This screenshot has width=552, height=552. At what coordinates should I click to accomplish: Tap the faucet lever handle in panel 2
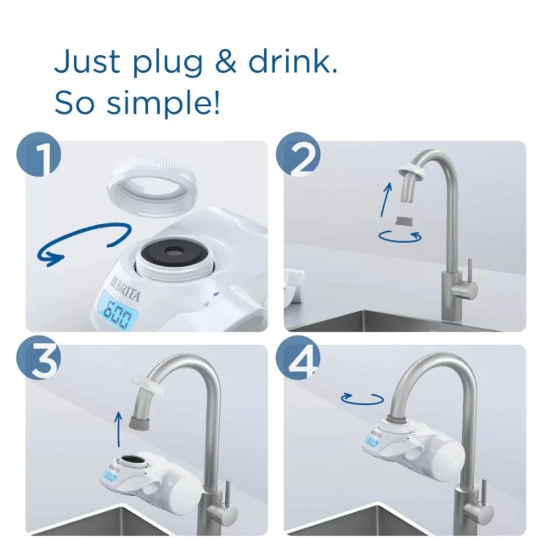tap(465, 289)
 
